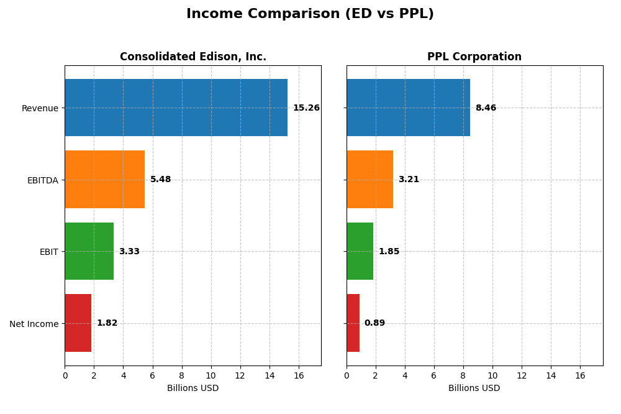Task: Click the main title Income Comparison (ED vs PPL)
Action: (x=310, y=14)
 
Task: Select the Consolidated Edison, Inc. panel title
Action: (x=193, y=57)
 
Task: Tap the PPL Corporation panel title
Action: (x=474, y=57)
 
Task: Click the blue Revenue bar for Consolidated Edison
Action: (x=176, y=108)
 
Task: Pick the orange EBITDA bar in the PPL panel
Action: (x=369, y=180)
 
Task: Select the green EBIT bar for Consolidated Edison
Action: (x=89, y=251)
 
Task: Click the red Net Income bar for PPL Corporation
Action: (x=353, y=323)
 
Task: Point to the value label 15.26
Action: (x=306, y=108)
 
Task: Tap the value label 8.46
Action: (x=486, y=108)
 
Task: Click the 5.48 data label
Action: (x=160, y=180)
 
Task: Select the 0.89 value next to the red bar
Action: (x=374, y=323)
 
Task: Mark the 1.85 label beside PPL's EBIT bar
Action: (x=389, y=252)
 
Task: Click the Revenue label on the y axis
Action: (x=40, y=108)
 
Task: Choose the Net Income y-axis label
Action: (x=34, y=324)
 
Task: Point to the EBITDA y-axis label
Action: (x=42, y=180)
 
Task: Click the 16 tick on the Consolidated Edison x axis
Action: (x=299, y=375)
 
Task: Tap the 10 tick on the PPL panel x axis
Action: (x=492, y=375)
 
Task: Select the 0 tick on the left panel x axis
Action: (x=65, y=375)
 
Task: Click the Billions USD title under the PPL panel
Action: (x=474, y=389)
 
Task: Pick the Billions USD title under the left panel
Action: (x=193, y=389)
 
